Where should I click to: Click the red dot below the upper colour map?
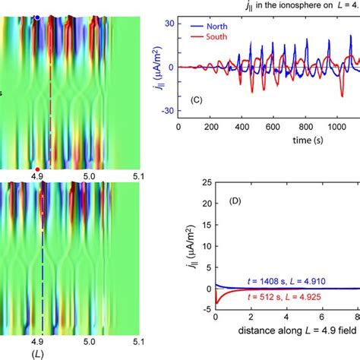click(37, 169)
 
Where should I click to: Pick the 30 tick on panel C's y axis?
click(170, 23)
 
